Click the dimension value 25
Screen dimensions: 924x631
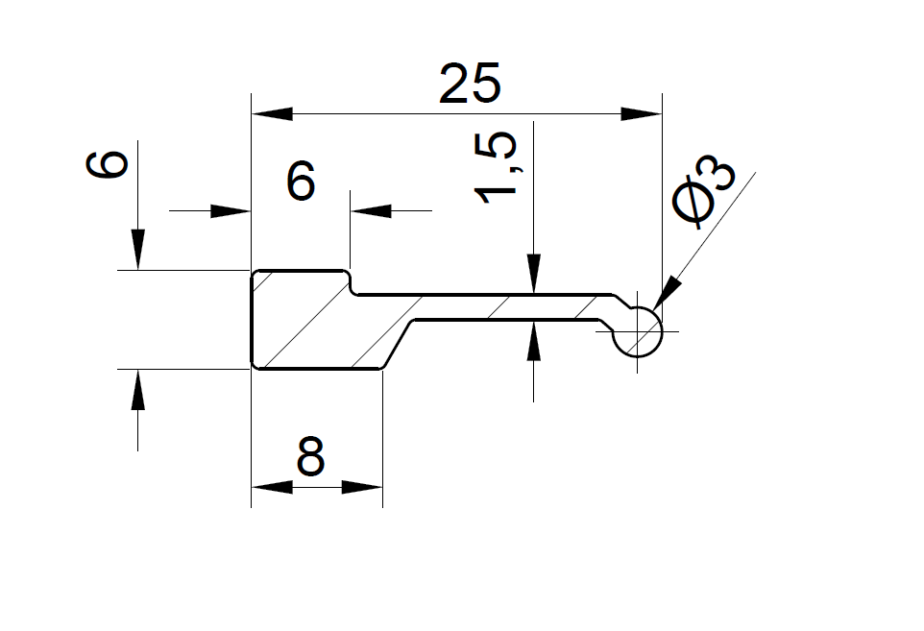click(470, 83)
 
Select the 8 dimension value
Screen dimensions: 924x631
click(310, 456)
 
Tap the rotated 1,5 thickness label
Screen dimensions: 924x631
click(497, 167)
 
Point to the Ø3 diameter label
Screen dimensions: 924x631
click(704, 191)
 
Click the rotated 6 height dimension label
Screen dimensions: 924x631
click(108, 164)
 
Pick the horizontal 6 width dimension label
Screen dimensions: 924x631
click(301, 181)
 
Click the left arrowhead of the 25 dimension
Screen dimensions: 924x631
click(272, 113)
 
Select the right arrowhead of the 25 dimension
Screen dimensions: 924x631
click(642, 113)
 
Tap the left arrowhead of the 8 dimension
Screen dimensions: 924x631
click(272, 487)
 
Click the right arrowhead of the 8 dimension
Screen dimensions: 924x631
click(362, 487)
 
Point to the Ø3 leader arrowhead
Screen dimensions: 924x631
click(669, 292)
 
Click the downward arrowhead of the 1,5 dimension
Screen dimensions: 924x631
click(534, 274)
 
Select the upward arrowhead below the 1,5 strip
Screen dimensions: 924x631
click(534, 341)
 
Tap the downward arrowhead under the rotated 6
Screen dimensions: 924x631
click(138, 250)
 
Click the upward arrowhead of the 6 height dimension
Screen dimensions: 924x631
click(138, 389)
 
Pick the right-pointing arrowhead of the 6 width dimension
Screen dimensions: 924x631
click(231, 210)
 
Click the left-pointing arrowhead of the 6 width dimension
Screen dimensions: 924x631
click(371, 210)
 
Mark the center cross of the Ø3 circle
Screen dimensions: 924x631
click(638, 331)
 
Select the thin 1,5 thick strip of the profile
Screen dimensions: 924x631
click(507, 306)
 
